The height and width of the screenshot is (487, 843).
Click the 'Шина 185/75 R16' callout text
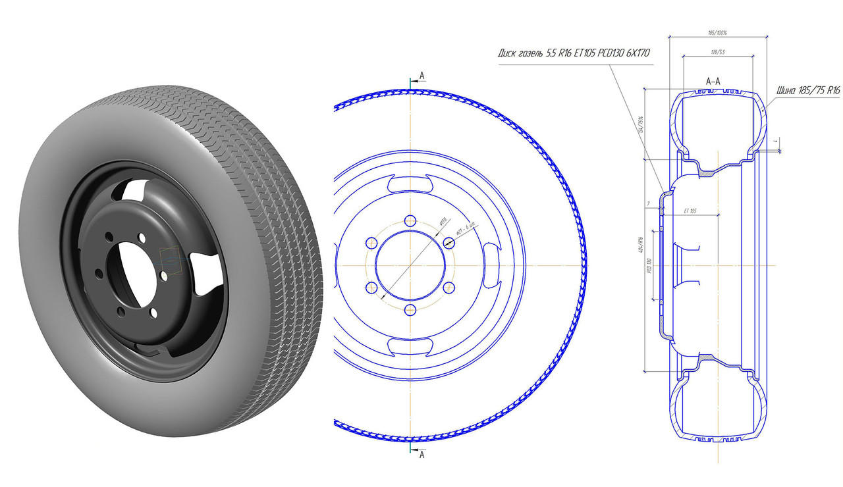pyautogui.click(x=808, y=91)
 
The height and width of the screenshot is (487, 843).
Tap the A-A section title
pyautogui.click(x=713, y=81)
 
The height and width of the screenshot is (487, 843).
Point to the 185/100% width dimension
pyautogui.click(x=717, y=32)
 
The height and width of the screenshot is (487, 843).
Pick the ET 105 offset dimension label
pyautogui.click(x=690, y=211)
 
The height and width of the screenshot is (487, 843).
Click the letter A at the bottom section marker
pyautogui.click(x=421, y=454)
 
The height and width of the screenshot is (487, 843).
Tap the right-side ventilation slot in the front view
pyautogui.click(x=491, y=265)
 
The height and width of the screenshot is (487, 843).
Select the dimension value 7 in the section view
pyautogui.click(x=648, y=205)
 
